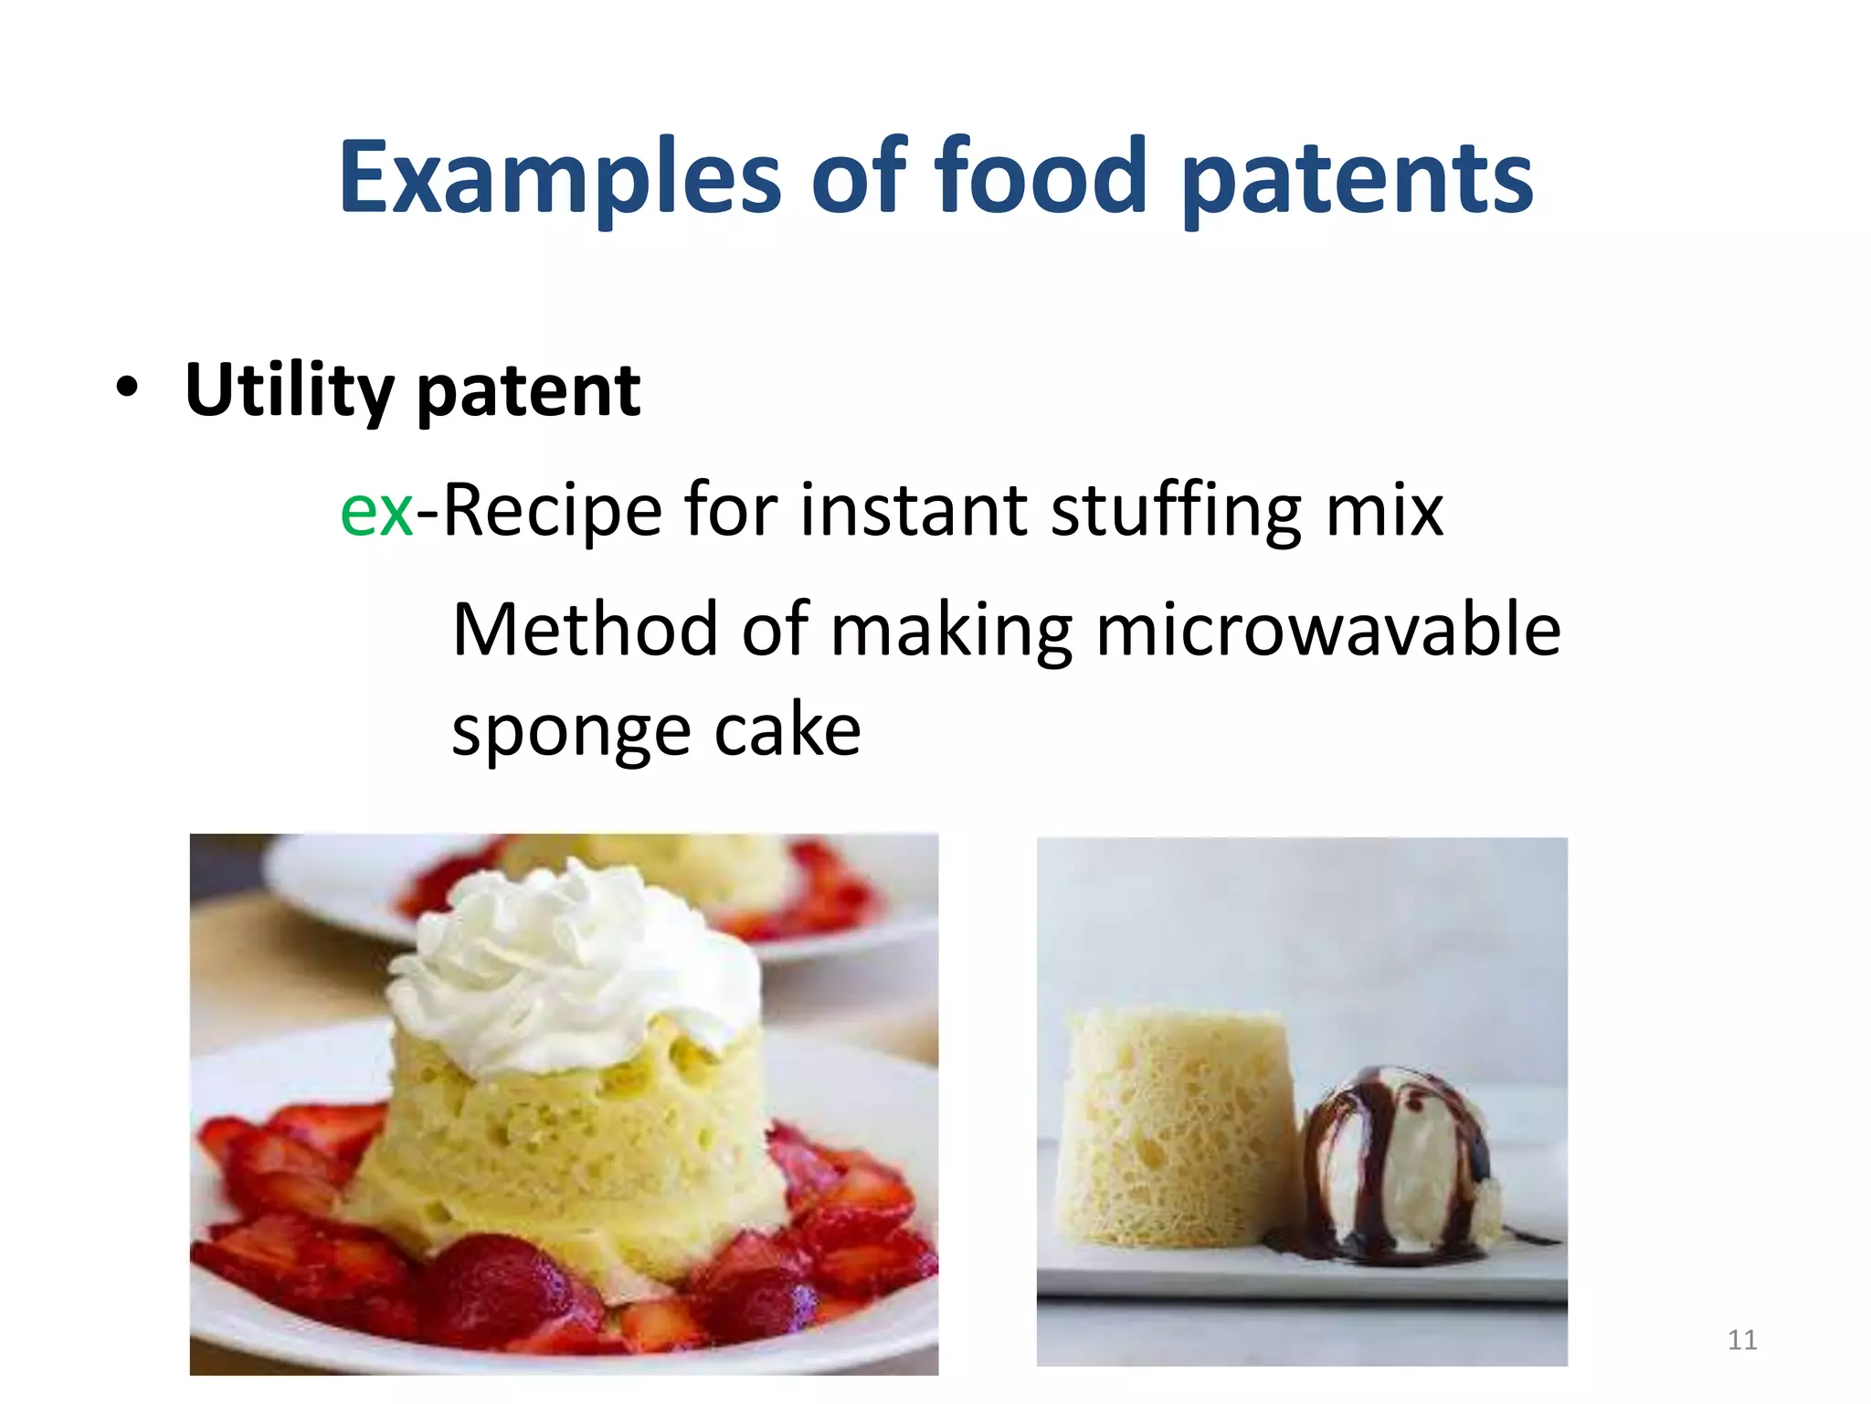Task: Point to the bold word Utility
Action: pos(289,391)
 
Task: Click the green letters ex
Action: pos(376,512)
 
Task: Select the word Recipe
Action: pos(552,512)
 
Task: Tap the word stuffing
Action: pos(1177,512)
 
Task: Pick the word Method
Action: pos(585,631)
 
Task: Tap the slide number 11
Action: pos(1742,1340)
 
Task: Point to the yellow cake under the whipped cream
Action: pos(566,1152)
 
